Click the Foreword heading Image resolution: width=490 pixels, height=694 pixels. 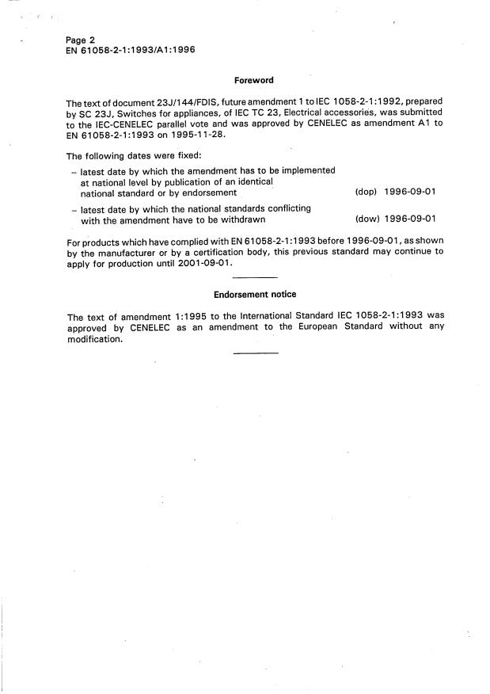[254, 80]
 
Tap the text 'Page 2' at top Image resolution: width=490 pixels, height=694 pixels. [82, 40]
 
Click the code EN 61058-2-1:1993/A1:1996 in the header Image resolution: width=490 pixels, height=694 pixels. [131, 50]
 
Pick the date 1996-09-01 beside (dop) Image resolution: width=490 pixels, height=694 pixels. [410, 193]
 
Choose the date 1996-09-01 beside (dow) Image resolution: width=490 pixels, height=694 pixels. [410, 219]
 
